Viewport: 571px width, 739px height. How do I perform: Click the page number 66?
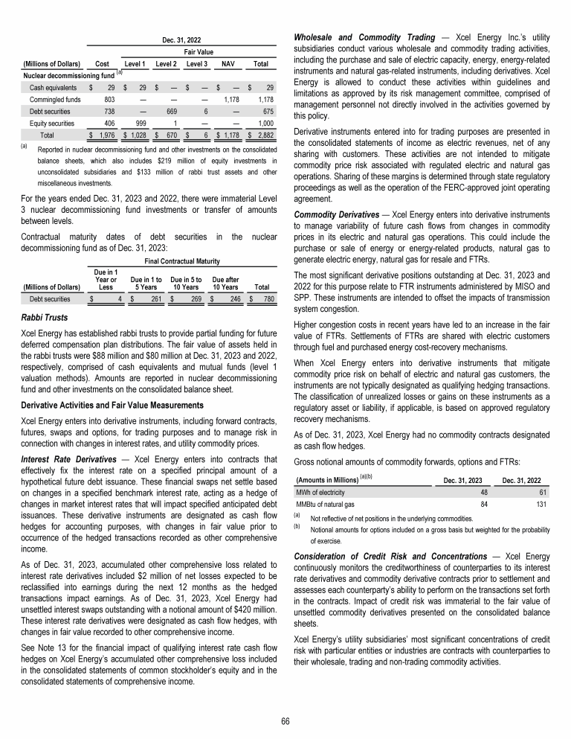coord(285,720)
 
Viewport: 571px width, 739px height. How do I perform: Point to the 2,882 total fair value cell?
coord(261,136)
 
